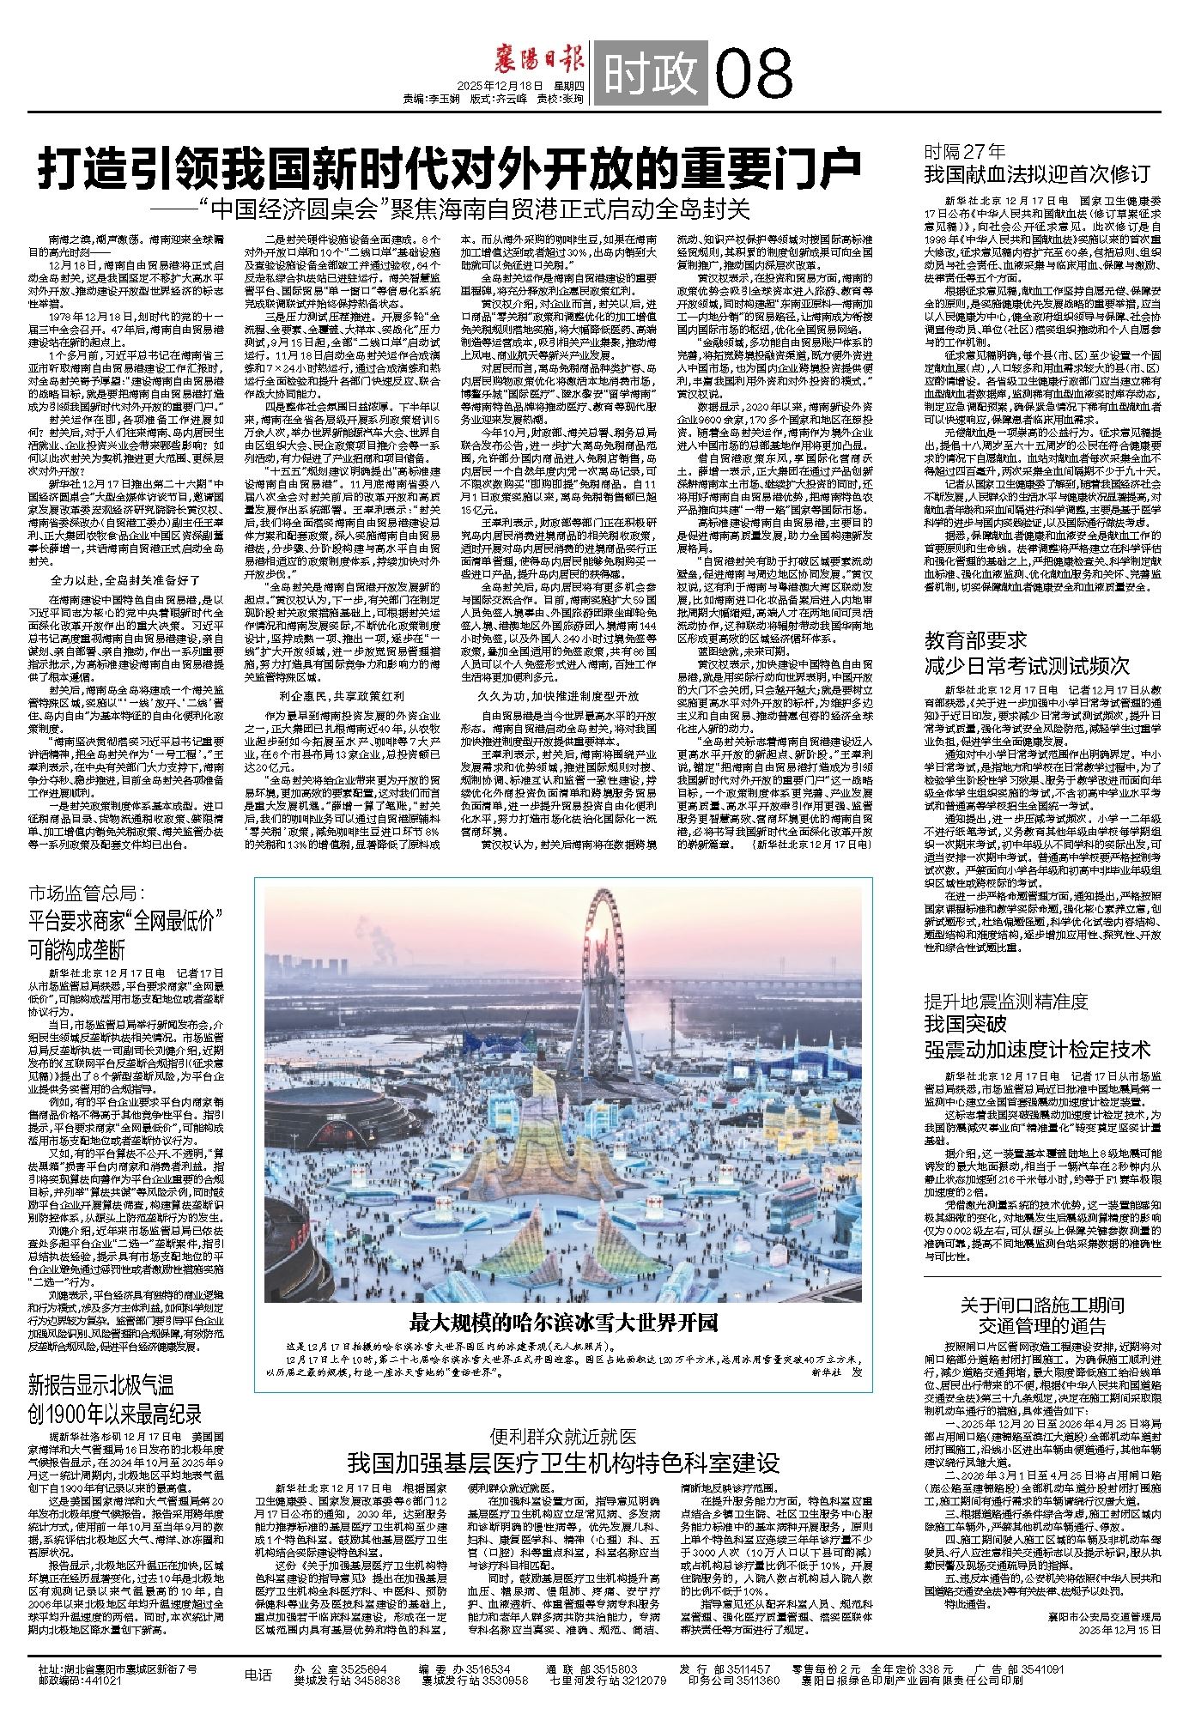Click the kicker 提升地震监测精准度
pyautogui.click(x=1005, y=1000)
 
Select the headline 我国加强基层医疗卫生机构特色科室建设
pyautogui.click(x=562, y=1463)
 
